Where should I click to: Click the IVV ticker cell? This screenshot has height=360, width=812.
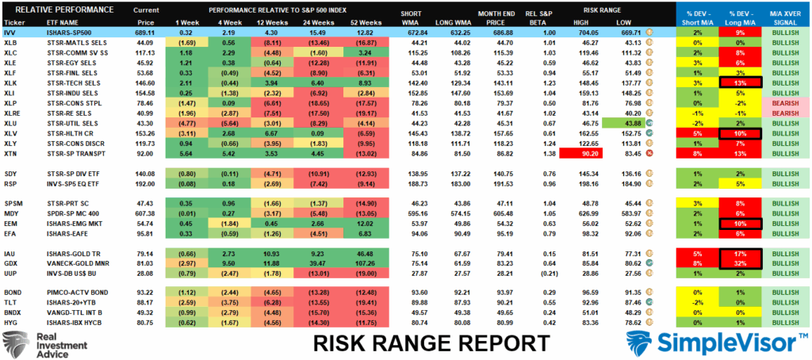[11, 31]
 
